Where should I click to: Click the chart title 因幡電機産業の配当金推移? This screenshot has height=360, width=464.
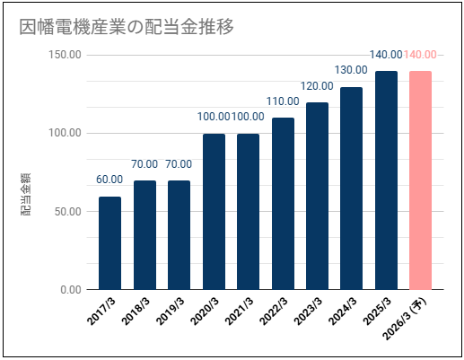127,27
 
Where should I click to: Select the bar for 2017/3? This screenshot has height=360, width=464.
109,243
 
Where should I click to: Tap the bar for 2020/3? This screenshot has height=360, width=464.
214,212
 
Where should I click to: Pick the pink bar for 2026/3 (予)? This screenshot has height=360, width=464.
420,180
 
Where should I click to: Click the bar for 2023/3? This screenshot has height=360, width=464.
317,196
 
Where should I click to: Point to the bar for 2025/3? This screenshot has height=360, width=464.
386,180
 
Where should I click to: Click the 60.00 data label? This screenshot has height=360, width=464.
109,180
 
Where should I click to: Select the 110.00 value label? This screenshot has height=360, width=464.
283,101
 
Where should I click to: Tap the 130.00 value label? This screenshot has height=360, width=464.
351,70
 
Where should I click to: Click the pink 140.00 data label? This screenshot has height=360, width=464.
420,55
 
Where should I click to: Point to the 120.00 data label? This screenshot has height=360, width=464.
317,86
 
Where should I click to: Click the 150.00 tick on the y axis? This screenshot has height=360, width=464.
65,55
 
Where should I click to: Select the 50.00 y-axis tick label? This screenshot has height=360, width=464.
68,211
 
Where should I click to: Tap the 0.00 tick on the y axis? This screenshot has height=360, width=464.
71,289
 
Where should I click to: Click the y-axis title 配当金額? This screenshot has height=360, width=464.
25,194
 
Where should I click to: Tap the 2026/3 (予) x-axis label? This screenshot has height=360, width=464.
406,319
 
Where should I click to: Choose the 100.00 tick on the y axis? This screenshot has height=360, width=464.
65,133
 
